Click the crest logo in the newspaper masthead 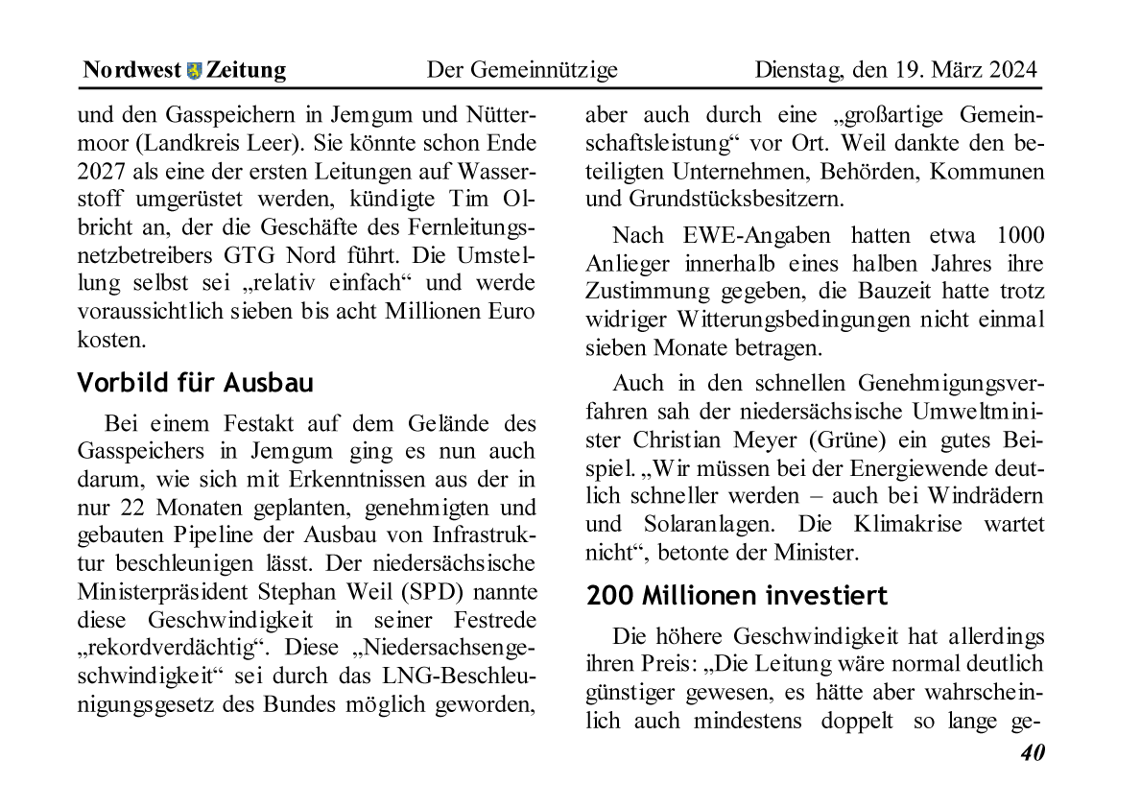point(195,70)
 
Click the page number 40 point(1032,753)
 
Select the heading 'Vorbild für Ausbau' point(195,383)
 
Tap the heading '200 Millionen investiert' point(737,595)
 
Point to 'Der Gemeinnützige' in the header point(522,70)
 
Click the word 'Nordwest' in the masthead point(131,70)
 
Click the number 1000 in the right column point(1021,235)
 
